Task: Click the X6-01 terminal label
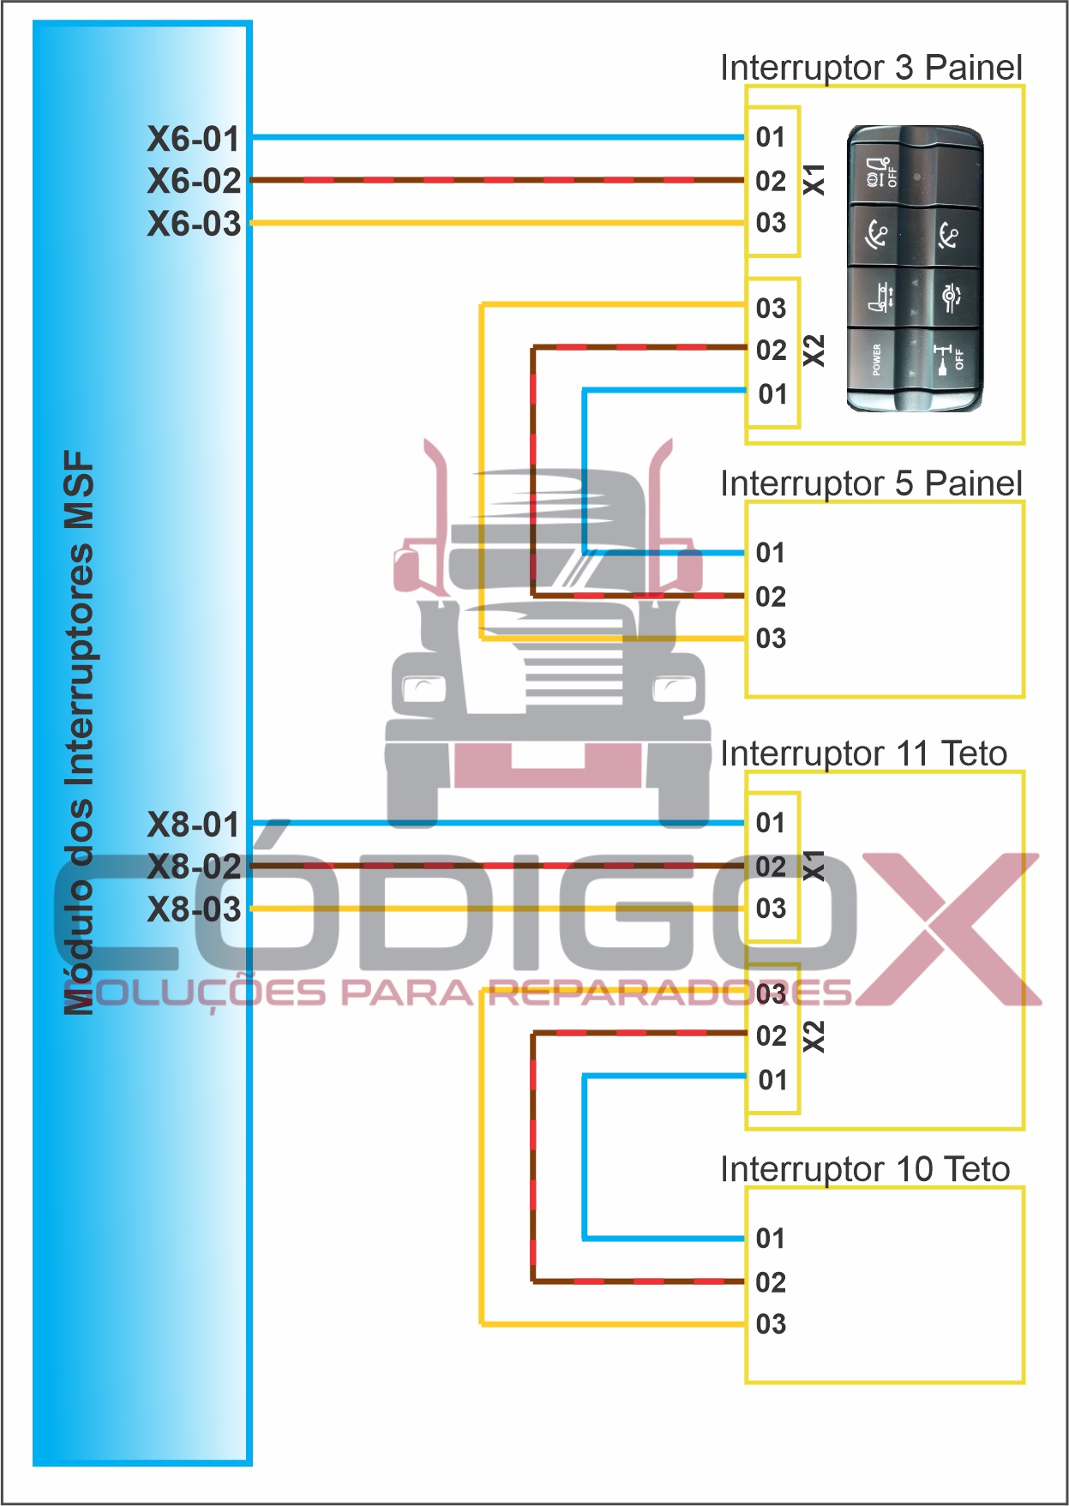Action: [x=194, y=139]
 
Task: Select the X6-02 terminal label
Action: [x=194, y=181]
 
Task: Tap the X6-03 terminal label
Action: [x=194, y=224]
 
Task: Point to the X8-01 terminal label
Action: [x=194, y=825]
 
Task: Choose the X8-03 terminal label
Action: [x=194, y=909]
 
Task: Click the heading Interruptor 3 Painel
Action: [x=871, y=68]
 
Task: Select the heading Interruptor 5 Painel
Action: [x=871, y=483]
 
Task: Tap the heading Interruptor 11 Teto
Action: [x=863, y=753]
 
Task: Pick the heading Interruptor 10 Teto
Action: [x=864, y=1169]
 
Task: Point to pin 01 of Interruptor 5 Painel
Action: [x=771, y=553]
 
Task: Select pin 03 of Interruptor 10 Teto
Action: [x=771, y=1324]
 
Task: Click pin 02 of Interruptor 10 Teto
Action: [x=771, y=1282]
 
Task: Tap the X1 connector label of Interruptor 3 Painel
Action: [x=814, y=180]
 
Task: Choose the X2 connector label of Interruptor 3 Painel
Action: [x=814, y=351]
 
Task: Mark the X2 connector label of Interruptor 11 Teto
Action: [x=814, y=1036]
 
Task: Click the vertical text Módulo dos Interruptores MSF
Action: [x=79, y=733]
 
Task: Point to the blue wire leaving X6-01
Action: [x=497, y=137]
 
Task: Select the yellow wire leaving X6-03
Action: [x=497, y=223]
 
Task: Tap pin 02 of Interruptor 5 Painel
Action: [x=771, y=597]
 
